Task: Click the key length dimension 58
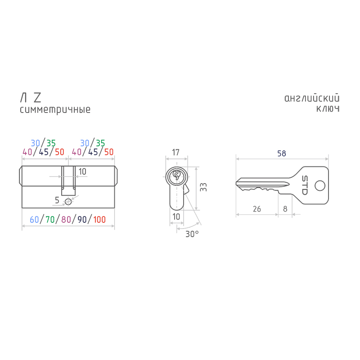(282, 153)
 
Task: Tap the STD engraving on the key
(305, 185)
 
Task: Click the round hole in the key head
(320, 186)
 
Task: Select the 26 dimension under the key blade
(256, 209)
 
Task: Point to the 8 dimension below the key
(285, 209)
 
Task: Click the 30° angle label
(192, 234)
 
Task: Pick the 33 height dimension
(203, 187)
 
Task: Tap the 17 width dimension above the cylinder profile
(175, 152)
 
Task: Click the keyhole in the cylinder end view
(176, 175)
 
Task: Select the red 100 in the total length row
(99, 220)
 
